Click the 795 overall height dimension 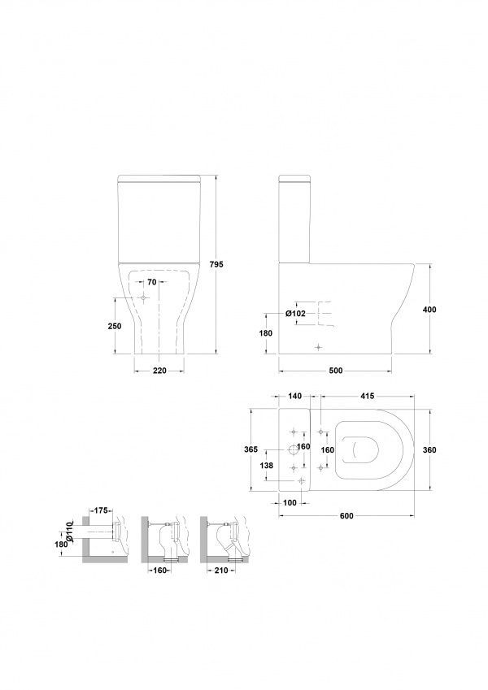216,264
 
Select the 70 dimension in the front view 151,282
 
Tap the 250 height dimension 115,326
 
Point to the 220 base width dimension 159,371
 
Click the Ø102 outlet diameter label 295,314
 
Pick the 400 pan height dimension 429,310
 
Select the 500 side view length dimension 336,371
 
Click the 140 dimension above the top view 294,396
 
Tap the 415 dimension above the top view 368,396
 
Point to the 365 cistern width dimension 251,449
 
